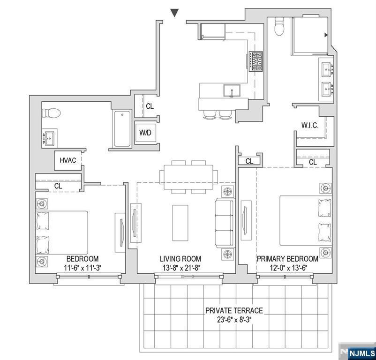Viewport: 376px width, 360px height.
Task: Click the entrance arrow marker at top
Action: [174, 13]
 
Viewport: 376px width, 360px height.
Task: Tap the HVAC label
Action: [68, 160]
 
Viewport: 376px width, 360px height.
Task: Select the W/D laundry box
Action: [145, 133]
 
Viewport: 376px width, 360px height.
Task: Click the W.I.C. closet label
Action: [310, 125]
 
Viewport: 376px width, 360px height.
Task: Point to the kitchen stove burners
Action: [256, 61]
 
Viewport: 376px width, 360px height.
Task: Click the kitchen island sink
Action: [232, 90]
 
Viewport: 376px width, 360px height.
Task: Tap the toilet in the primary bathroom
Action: [279, 28]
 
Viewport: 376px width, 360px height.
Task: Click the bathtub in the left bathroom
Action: [122, 128]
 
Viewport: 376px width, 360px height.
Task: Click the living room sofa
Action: [224, 222]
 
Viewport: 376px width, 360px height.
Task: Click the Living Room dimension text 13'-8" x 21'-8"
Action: [180, 268]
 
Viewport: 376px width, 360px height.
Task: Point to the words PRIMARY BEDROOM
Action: [287, 259]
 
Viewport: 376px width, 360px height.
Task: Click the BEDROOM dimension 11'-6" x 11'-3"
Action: [83, 268]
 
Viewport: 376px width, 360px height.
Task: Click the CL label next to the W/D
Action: [150, 106]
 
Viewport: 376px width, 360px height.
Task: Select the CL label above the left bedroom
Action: [58, 186]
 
